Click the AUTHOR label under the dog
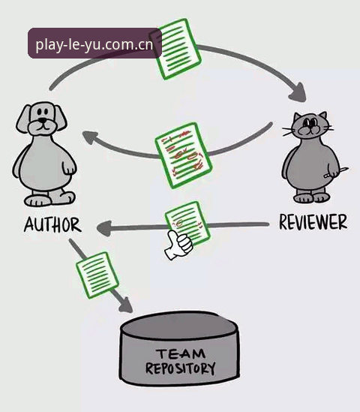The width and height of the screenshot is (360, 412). [52, 224]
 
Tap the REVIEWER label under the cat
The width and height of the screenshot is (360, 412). [313, 222]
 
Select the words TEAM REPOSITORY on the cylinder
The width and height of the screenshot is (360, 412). [181, 361]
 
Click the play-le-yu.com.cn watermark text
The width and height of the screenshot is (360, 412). [94, 44]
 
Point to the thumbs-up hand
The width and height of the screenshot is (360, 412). [178, 245]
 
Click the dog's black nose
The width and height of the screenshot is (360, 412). [42, 120]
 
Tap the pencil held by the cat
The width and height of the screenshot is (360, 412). [336, 172]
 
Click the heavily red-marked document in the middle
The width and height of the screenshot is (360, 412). [183, 155]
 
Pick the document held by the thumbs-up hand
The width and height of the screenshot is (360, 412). [187, 223]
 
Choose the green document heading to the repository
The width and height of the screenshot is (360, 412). [97, 275]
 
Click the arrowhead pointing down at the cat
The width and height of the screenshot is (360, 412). [298, 93]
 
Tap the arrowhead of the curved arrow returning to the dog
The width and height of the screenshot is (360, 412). [90, 137]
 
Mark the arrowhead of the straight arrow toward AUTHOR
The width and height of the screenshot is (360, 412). [103, 228]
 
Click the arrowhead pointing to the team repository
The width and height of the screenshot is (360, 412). [126, 305]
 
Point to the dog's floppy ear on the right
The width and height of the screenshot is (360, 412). [60, 118]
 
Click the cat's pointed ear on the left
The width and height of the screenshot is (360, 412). [297, 117]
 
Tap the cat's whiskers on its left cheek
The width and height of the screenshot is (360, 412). [289, 131]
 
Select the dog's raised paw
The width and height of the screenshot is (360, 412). [69, 167]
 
